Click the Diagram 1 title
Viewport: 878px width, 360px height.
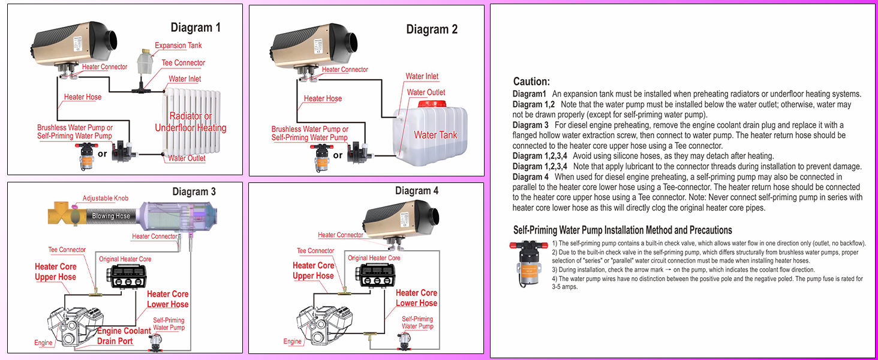196,27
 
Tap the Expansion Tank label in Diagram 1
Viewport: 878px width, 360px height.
178,46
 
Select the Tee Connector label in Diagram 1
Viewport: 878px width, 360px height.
183,63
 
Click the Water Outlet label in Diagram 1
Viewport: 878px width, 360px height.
187,158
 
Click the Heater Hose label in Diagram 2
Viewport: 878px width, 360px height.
323,98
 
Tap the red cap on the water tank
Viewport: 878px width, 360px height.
435,103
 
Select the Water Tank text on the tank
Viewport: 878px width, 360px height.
435,135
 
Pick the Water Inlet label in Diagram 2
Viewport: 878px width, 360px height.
422,76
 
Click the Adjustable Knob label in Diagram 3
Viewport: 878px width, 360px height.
106,199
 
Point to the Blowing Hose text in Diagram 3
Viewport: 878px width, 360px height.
111,216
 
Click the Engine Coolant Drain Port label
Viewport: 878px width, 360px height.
124,336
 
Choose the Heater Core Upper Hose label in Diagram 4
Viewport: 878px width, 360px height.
313,271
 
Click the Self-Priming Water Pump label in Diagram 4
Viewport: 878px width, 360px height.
417,323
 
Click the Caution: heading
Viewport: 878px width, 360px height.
531,82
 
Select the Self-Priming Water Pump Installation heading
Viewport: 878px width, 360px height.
623,230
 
